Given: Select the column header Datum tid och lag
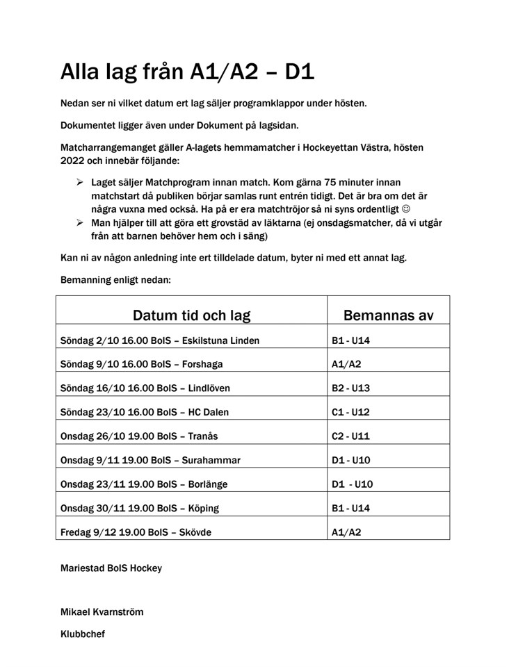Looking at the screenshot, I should (x=191, y=315).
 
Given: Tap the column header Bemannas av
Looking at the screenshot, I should (x=388, y=315).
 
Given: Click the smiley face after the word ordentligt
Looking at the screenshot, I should (x=427, y=209).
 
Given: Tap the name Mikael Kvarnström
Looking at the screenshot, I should (x=102, y=612).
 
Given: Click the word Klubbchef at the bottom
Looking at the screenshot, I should (x=83, y=634).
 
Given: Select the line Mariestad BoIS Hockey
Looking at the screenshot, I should (x=111, y=568).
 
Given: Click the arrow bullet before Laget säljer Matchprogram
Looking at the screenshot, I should (x=79, y=182).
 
